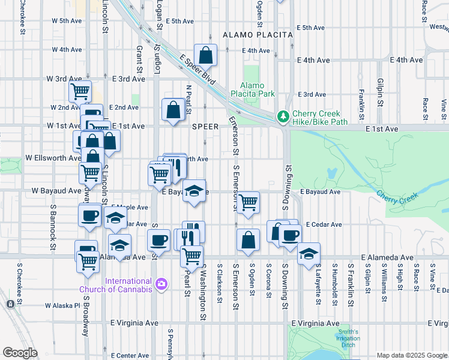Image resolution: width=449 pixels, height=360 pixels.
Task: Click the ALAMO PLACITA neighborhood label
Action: [258, 35]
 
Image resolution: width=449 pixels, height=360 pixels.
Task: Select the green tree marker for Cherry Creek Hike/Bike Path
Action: [282, 116]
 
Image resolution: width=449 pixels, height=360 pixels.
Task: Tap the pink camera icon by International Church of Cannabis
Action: [160, 284]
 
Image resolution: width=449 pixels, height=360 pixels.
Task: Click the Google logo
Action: [20, 352]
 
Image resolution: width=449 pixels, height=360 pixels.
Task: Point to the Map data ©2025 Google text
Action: [411, 355]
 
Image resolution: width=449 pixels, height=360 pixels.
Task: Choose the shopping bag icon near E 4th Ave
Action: [205, 55]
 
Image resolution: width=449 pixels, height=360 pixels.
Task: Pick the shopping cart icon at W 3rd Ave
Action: [80, 91]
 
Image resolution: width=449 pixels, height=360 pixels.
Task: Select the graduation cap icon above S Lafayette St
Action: [309, 253]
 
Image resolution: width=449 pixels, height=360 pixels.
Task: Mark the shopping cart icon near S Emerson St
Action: [247, 202]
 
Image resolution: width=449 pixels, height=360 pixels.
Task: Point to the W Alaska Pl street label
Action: [62, 305]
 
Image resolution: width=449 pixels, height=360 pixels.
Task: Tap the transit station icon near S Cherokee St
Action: [10, 304]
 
